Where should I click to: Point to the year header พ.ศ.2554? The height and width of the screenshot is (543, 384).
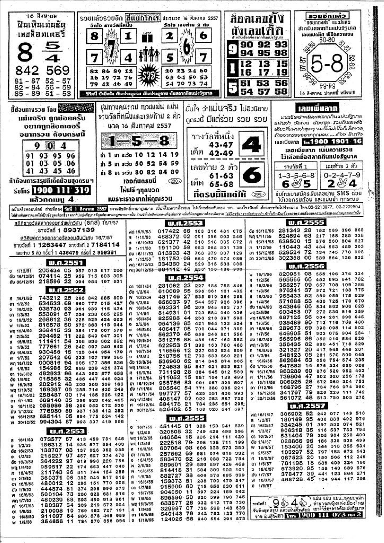coord(185,278)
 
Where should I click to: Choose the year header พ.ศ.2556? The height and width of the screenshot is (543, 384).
coord(307,266)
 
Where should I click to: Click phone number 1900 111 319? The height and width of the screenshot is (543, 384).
coord(61,190)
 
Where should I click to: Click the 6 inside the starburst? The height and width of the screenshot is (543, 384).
coord(186,47)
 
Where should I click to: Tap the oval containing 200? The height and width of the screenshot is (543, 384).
coord(175,181)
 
